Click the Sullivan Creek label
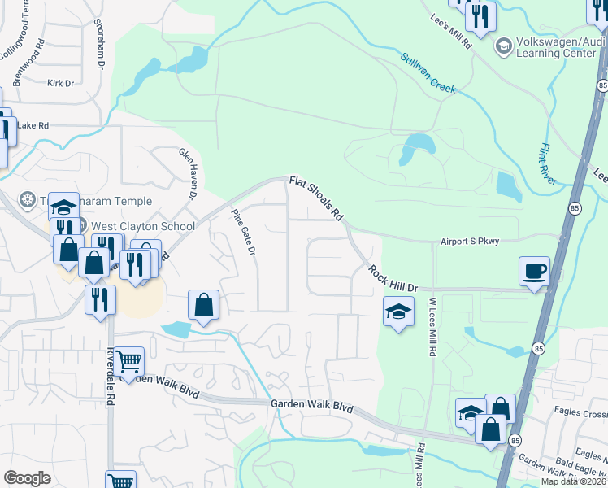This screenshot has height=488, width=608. tap(429, 72)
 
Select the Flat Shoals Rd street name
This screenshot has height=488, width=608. tap(315, 199)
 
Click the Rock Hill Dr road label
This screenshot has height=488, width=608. tap(392, 278)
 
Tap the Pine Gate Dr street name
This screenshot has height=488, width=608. tap(243, 232)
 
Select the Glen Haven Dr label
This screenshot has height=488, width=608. tap(188, 173)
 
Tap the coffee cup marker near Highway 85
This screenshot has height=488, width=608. tap(534, 270)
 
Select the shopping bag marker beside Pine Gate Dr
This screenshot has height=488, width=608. tap(203, 306)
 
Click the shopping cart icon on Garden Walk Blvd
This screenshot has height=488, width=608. tap(128, 361)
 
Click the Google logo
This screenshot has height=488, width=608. tap(28, 478)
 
